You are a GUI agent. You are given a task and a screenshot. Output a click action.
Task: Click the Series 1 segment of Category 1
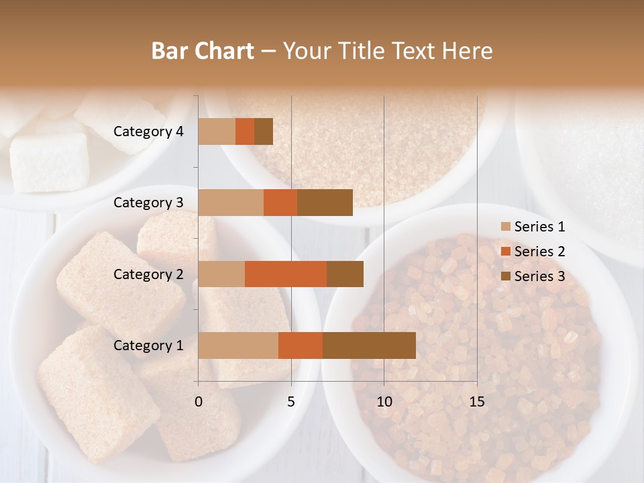point(238,345)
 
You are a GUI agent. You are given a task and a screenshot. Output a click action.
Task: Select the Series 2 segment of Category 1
point(301,345)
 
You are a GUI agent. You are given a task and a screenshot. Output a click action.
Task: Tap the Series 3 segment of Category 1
point(369,345)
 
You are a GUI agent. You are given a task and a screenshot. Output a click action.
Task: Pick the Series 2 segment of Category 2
point(286,274)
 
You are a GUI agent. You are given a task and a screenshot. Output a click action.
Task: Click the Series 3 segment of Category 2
point(345,274)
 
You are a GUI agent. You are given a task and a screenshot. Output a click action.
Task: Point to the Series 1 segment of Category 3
point(231,203)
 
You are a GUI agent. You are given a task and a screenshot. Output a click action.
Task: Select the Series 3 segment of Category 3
point(325,203)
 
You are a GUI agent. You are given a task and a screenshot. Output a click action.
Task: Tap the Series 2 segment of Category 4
point(245,131)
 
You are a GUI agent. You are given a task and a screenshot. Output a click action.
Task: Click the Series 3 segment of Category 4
point(264,131)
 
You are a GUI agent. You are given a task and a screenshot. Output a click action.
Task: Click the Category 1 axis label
point(148,345)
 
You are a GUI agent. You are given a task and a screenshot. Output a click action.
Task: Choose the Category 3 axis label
point(148,203)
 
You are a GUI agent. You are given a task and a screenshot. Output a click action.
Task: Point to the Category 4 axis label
point(148,131)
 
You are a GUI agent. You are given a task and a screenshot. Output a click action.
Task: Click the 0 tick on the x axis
point(199,402)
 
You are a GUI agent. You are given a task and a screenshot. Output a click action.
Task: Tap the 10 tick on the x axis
point(384,402)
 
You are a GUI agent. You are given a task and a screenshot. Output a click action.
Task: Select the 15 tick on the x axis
point(476,402)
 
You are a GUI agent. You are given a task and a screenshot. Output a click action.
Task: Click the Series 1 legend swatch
point(505,227)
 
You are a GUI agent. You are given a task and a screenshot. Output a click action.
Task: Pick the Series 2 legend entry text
point(539,252)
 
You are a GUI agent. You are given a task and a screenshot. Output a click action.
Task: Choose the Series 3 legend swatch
point(505,276)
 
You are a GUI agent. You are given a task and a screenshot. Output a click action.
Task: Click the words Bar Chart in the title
point(203,51)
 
